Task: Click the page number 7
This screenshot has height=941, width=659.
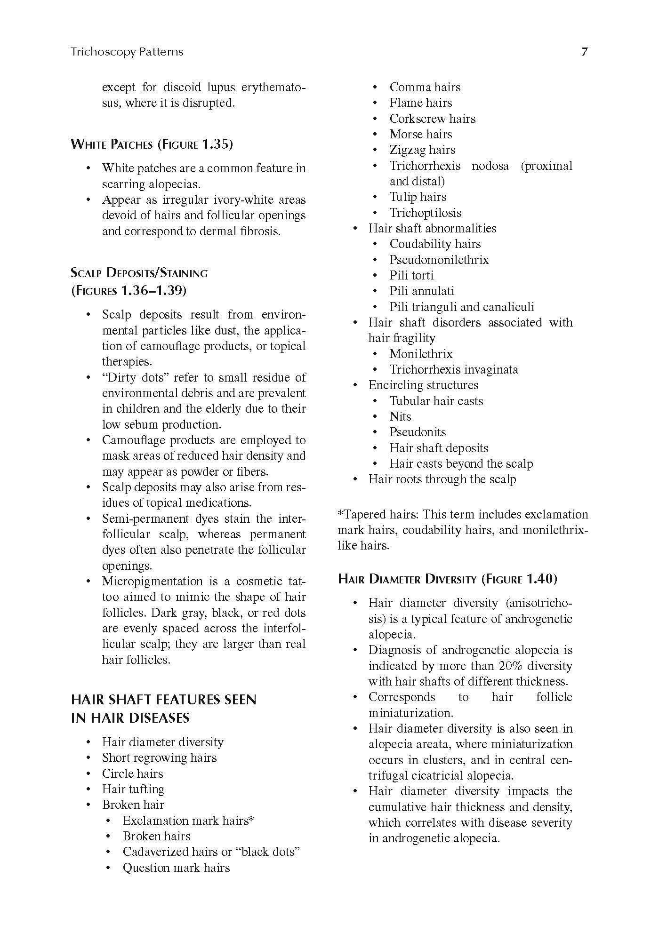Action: (x=584, y=52)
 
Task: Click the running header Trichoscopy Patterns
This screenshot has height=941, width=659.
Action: (x=127, y=52)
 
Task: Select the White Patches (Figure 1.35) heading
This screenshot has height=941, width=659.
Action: (x=152, y=144)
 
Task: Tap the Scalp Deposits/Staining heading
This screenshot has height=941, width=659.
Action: (x=139, y=273)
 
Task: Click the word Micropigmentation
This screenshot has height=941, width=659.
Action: (x=153, y=581)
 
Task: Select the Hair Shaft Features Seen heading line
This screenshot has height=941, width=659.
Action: (x=163, y=700)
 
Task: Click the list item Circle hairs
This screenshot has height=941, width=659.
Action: (x=132, y=774)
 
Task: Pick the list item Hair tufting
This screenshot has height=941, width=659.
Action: (x=133, y=789)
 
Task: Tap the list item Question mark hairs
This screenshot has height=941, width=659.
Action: (x=176, y=868)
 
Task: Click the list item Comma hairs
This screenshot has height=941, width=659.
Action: (x=425, y=87)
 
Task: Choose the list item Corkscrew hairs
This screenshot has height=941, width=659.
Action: (x=432, y=119)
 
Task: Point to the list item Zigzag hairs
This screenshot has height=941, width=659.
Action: (x=422, y=150)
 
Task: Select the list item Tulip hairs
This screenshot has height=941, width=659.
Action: (x=418, y=197)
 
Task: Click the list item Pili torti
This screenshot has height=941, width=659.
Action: (x=411, y=275)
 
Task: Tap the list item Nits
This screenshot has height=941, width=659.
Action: (x=400, y=416)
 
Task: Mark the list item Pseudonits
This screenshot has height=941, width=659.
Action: (x=418, y=432)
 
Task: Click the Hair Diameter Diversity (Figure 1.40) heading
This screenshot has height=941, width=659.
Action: (x=447, y=579)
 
